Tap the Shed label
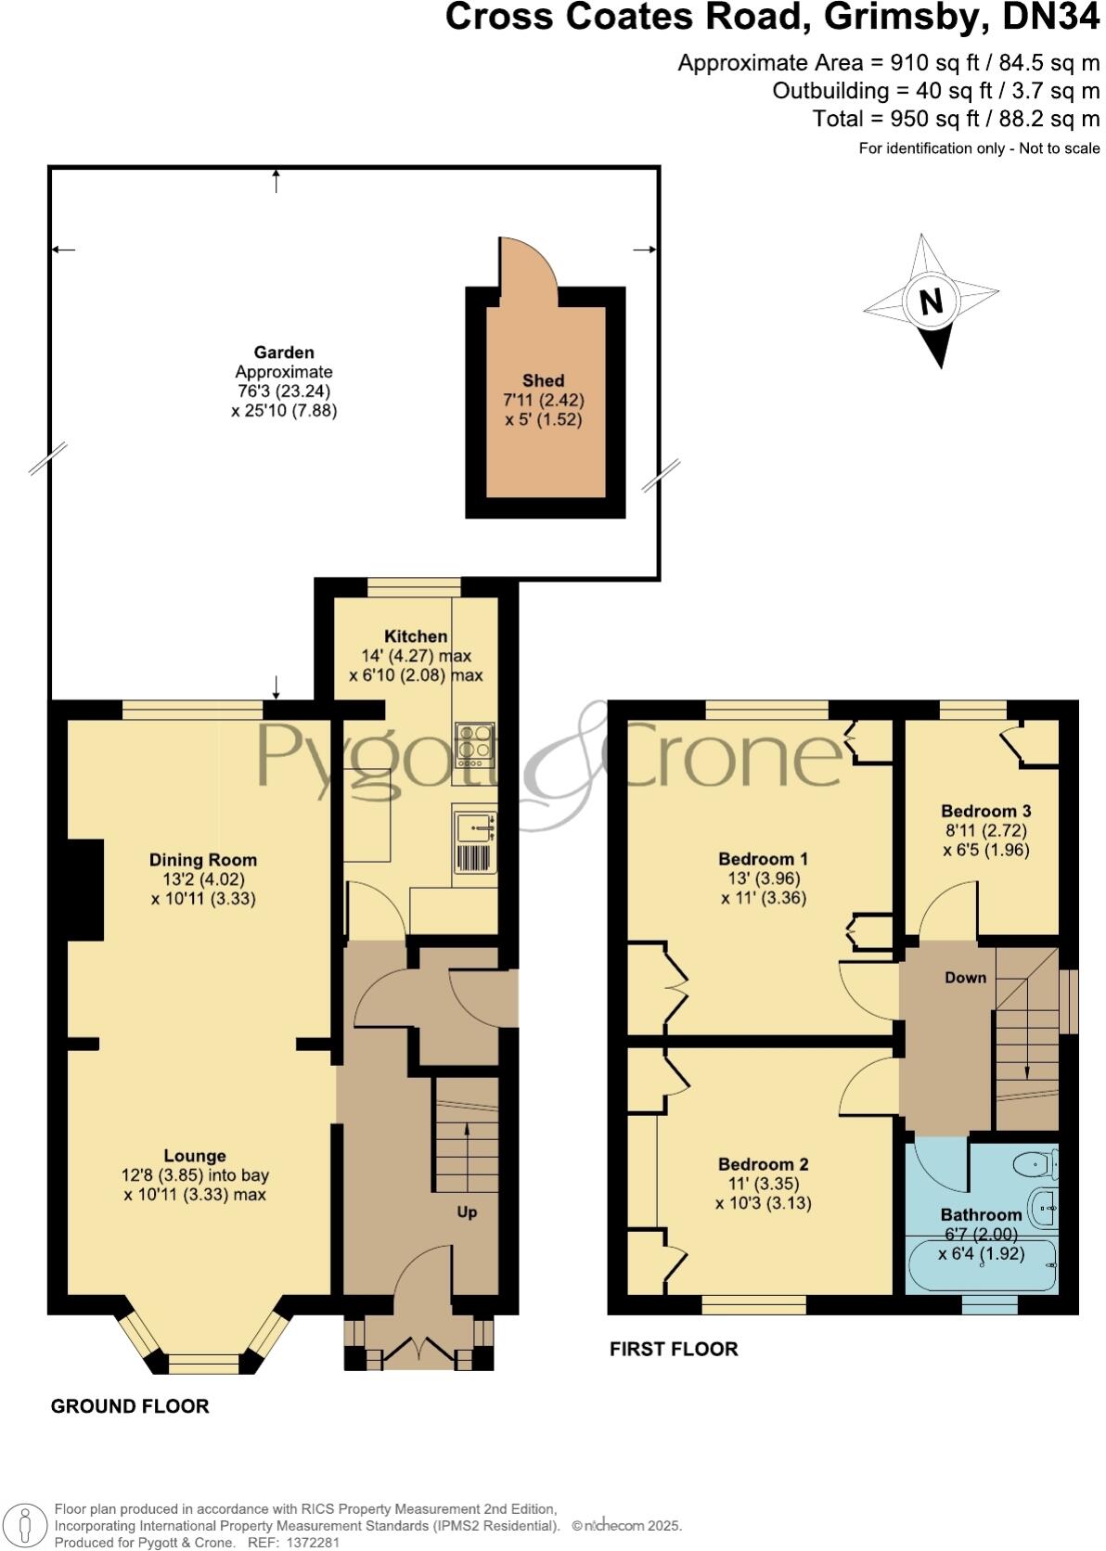(543, 380)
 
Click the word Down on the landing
(965, 978)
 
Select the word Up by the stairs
(467, 1212)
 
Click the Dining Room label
(203, 860)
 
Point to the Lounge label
(195, 1156)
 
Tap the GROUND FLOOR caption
(130, 1406)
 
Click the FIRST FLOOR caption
(674, 1349)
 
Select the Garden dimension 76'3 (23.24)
(284, 391)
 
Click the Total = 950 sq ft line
(956, 119)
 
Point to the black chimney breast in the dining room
(85, 891)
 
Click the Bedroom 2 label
(763, 1164)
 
